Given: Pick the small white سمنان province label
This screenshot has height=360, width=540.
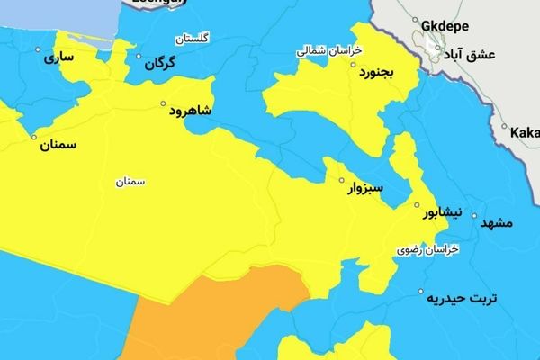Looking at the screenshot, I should click(130, 181).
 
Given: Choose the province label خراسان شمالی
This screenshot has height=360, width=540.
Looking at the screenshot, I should click(329, 51).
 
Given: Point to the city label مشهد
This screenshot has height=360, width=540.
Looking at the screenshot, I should click(497, 221).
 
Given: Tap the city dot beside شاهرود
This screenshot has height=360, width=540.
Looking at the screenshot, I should click(164, 103).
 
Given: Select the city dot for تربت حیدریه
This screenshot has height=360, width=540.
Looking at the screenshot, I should click(421, 291).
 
